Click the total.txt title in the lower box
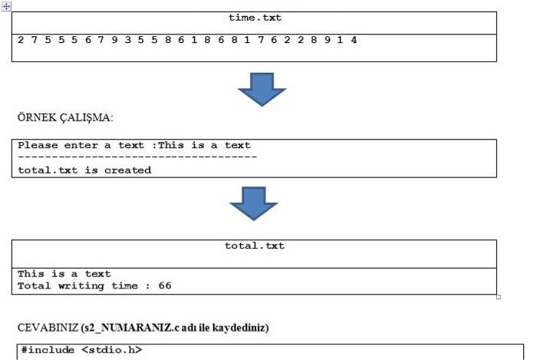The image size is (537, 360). click(254, 246)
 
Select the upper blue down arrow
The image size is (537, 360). click(262, 88)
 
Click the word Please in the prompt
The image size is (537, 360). click(37, 145)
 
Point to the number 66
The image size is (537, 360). click(164, 286)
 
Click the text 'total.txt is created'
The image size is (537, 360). click(84, 170)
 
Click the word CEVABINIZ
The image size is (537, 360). click(43, 328)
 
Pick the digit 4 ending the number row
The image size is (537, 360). click(354, 38)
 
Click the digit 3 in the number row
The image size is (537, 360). click(126, 38)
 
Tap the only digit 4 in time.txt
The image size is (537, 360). click(354, 38)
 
